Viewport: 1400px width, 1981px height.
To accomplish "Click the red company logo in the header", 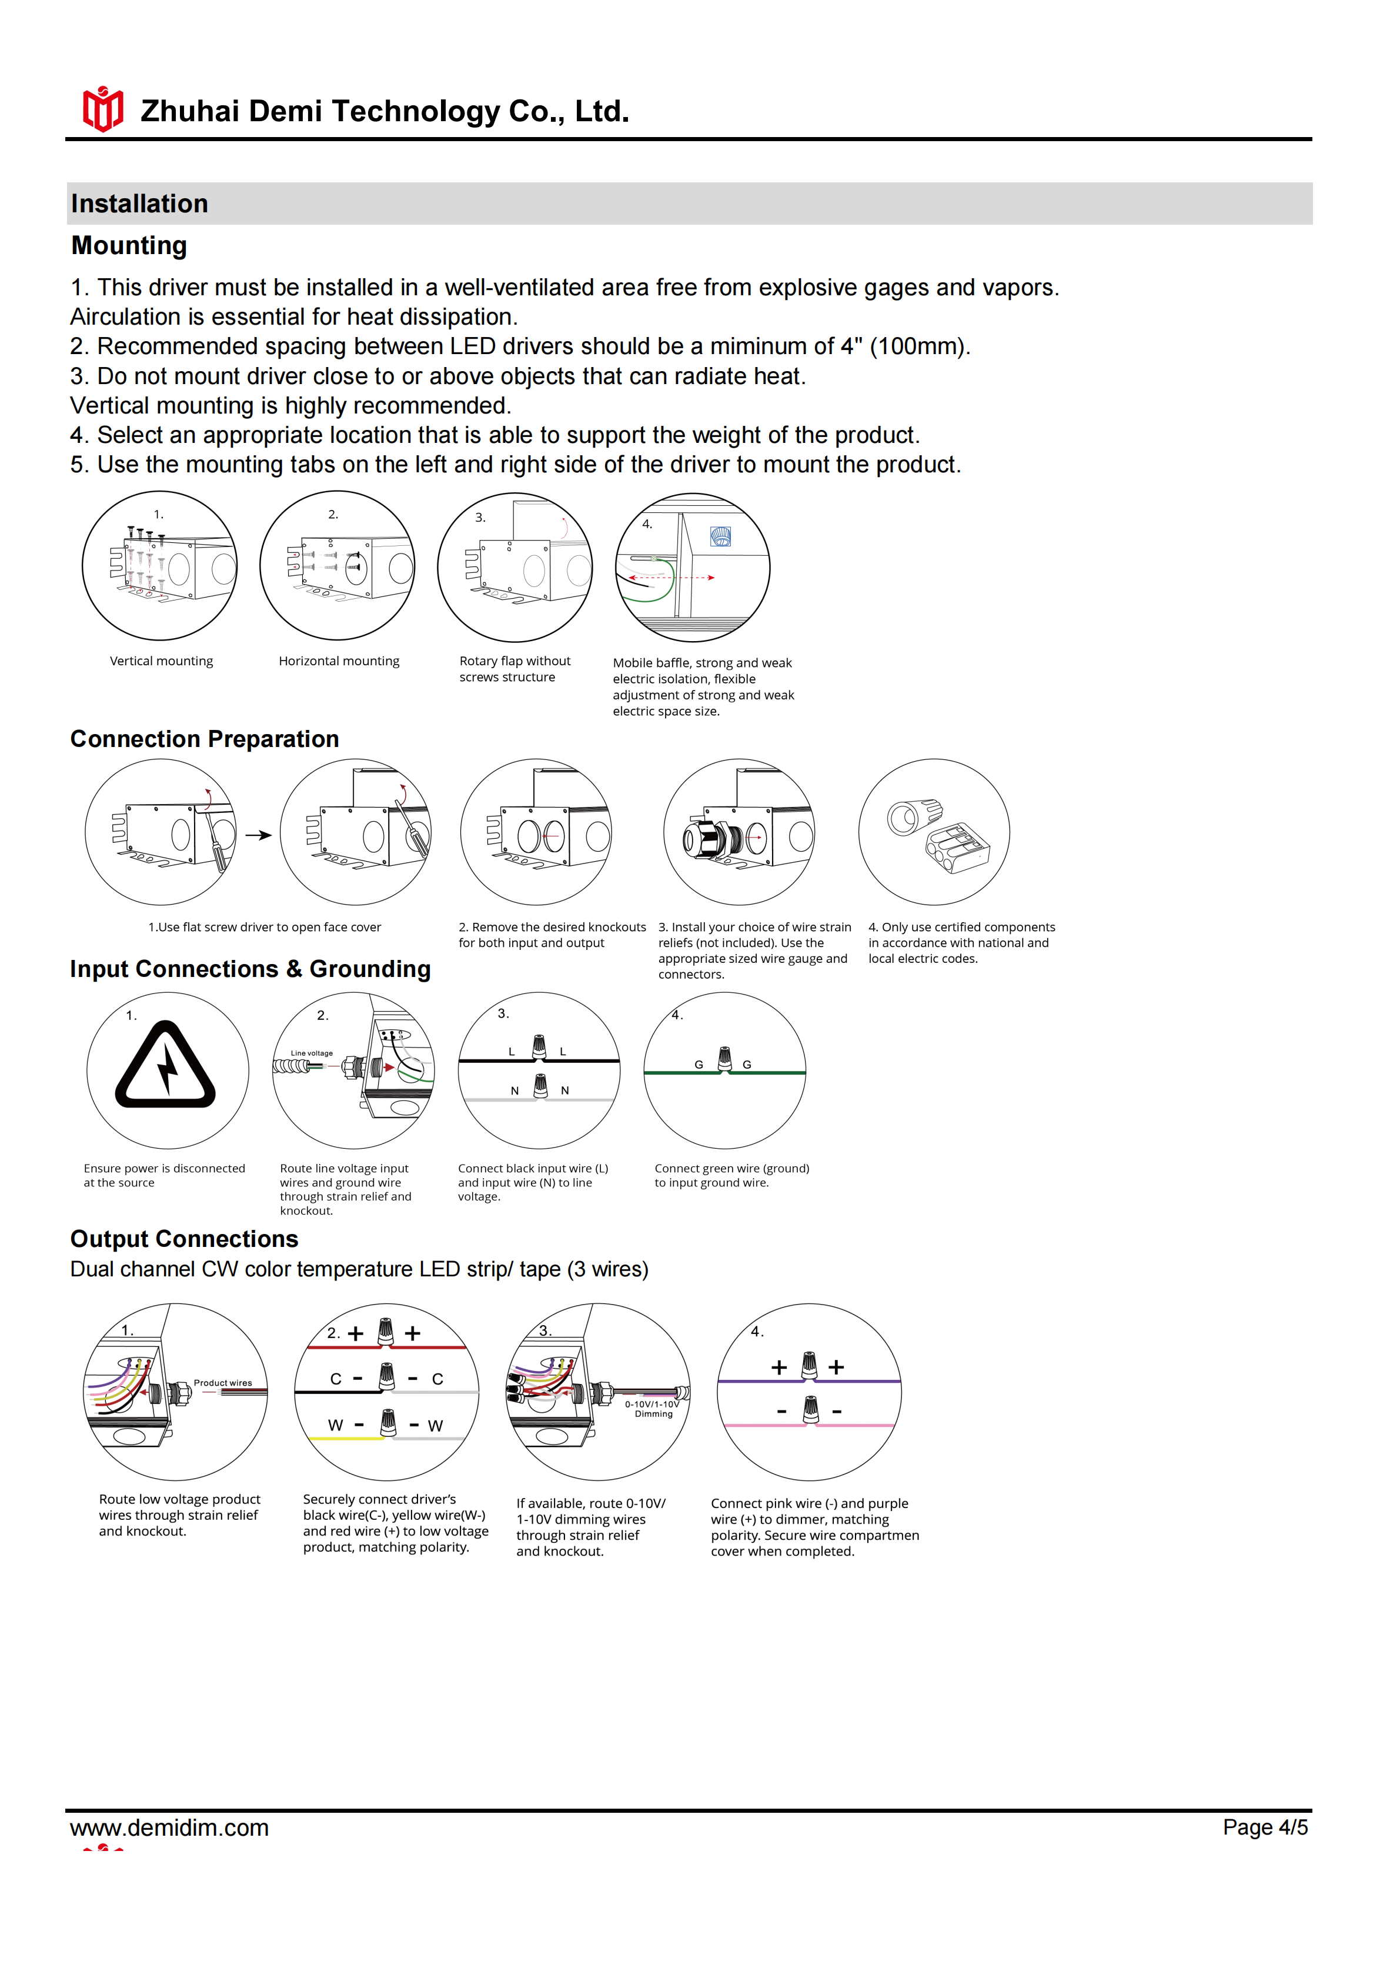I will pos(103,109).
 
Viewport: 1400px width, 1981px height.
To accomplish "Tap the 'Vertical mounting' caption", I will pos(161,661).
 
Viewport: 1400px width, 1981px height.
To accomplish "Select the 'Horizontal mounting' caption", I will pos(339,661).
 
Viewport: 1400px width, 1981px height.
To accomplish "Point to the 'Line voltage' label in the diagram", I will pos(312,1053).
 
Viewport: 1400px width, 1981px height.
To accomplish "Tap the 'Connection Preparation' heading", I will pos(205,739).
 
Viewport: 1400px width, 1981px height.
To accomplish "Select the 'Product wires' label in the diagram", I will pos(222,1382).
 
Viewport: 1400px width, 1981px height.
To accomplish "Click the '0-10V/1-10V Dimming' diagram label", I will pos(653,1409).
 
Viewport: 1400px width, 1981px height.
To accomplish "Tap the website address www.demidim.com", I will pos(169,1827).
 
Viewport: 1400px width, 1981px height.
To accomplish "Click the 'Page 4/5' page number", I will pos(1265,1827).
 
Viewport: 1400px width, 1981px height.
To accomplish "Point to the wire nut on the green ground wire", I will pos(724,1059).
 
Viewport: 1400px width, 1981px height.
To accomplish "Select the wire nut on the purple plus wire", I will pos(809,1366).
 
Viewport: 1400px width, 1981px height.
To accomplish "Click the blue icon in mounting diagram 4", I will pos(720,536).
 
